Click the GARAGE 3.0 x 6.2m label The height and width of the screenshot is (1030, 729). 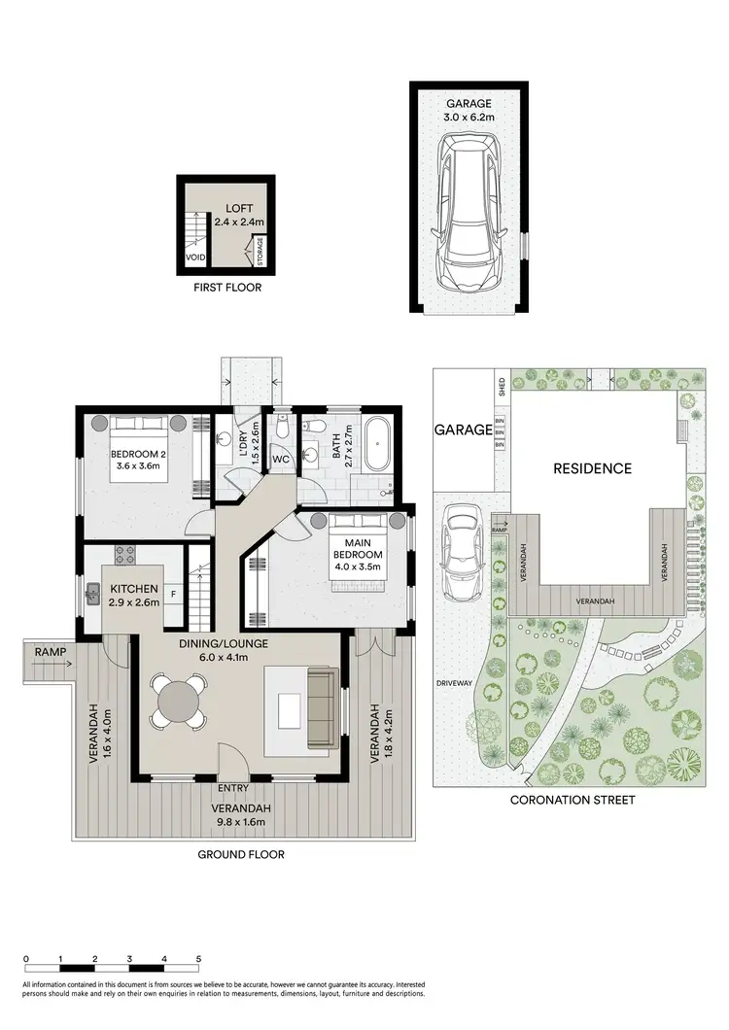point(469,110)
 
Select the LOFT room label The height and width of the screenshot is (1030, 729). point(238,215)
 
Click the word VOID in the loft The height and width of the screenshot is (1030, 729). point(194,258)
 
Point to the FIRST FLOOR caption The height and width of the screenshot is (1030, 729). point(226,288)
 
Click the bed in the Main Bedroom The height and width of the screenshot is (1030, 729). point(361,555)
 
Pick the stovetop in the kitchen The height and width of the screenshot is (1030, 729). point(126,557)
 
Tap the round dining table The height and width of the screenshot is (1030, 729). point(178,699)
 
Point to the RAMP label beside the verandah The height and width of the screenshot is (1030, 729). point(48,651)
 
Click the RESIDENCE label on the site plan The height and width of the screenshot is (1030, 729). point(592,468)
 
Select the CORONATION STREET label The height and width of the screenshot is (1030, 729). point(573,800)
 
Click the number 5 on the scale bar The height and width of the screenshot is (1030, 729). point(198,959)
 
